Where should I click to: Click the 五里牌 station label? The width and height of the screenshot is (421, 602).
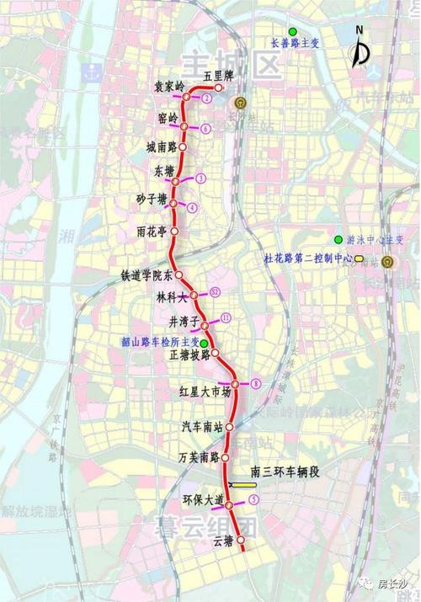(217, 76)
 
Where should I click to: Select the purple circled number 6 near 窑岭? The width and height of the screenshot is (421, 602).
(206, 128)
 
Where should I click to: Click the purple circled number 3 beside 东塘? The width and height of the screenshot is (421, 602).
(200, 178)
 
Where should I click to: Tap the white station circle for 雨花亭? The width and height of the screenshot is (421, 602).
(175, 230)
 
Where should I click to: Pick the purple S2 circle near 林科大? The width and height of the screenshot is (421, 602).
(216, 291)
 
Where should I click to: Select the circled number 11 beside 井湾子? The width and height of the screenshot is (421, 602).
(225, 317)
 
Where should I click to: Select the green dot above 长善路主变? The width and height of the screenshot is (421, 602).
(292, 30)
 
